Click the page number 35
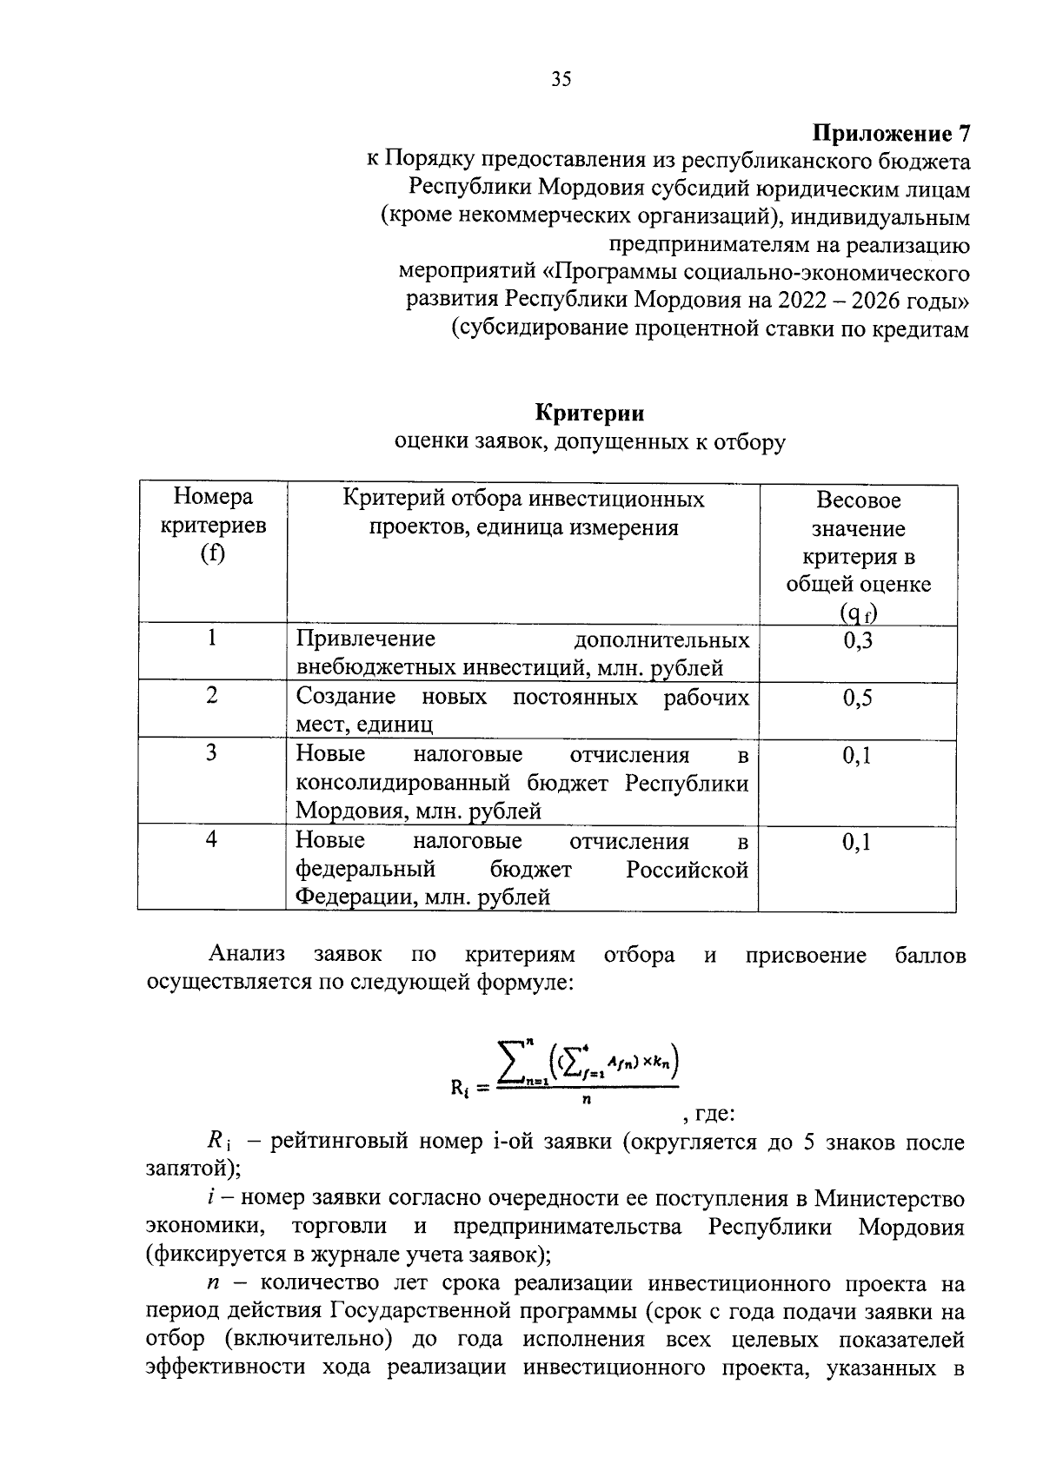(x=561, y=80)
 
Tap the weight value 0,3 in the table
(x=857, y=641)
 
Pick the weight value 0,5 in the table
(x=857, y=699)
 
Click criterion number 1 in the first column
(x=211, y=639)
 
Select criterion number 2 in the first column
(x=211, y=696)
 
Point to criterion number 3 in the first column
(x=211, y=753)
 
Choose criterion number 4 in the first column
(x=211, y=839)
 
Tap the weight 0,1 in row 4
(x=857, y=842)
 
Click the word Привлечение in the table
(x=365, y=639)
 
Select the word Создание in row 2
(x=346, y=697)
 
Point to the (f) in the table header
(x=212, y=554)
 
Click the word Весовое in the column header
(x=858, y=500)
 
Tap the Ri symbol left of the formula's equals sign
(x=460, y=1086)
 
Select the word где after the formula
(x=715, y=1113)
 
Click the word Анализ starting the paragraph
(x=247, y=955)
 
